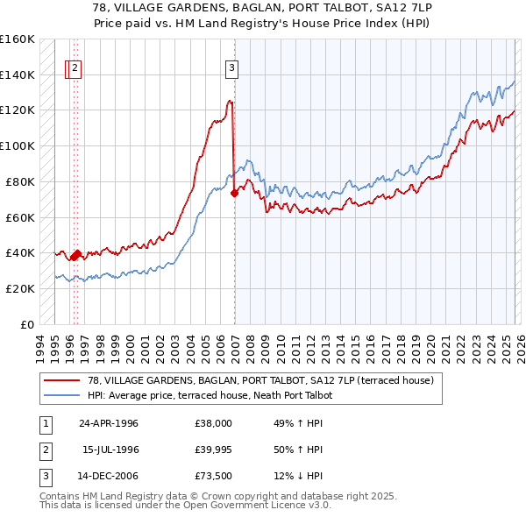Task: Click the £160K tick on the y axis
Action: [18, 39]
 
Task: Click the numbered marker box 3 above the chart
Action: [232, 68]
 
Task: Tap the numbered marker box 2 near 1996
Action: [75, 68]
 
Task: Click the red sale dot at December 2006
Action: [234, 194]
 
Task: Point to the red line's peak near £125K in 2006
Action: [230, 101]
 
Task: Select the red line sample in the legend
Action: [61, 380]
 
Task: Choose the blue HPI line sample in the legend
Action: [61, 395]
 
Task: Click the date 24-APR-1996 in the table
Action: [109, 423]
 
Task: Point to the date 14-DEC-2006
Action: [109, 476]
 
